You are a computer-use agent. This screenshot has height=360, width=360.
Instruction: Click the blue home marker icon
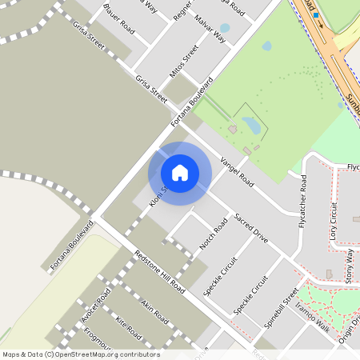point(180,172)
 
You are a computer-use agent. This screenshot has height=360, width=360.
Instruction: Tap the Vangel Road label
point(237,171)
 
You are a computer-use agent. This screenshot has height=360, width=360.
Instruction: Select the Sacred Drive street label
point(251,229)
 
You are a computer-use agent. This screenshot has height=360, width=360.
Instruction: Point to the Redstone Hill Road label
point(160,272)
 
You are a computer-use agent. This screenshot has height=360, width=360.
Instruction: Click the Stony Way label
point(349,266)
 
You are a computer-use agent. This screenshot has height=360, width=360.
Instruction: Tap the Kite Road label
point(128,327)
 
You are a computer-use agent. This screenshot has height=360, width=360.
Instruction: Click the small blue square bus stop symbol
point(316,15)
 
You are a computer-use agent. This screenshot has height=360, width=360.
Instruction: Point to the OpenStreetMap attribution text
point(80,354)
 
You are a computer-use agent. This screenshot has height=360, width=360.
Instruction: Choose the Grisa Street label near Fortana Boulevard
point(151,90)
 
